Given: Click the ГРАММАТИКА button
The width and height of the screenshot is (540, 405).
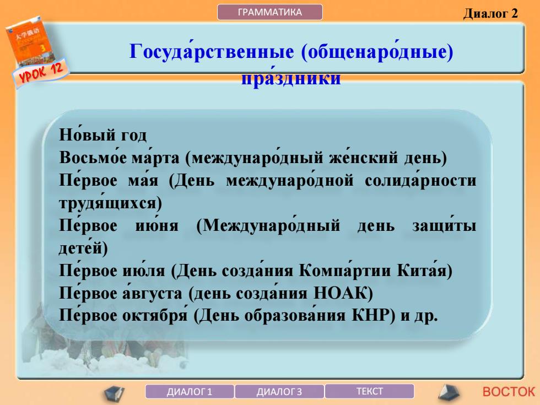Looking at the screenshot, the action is point(269,12).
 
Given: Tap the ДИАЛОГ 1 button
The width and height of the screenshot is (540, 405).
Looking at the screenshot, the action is point(190,392).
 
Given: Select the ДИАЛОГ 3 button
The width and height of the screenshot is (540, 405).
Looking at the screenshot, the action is point(279,392).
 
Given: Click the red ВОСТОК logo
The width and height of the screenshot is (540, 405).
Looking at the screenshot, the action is point(509,392).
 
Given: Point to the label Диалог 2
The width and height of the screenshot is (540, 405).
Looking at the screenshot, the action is point(490,13).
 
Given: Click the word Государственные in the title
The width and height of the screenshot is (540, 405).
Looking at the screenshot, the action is point(212,51).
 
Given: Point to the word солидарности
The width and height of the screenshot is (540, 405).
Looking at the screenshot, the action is point(420,180).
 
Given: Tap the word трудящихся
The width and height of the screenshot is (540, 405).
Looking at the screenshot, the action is point(110,203).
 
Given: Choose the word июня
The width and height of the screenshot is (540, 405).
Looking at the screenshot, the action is point(157,225).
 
